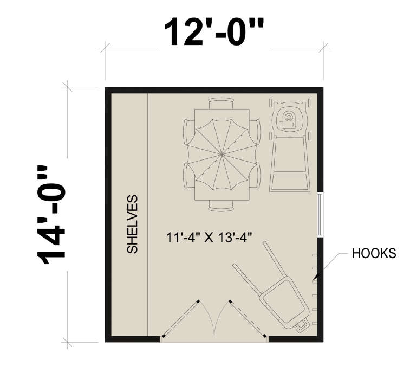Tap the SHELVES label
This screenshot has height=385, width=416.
click(x=133, y=224)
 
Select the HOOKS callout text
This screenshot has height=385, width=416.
click(x=374, y=253)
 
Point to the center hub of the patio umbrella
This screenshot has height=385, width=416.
click(x=222, y=156)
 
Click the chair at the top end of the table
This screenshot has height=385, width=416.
click(x=222, y=102)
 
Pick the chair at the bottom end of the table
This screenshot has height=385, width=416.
click(x=222, y=206)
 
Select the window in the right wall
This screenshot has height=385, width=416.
click(x=320, y=214)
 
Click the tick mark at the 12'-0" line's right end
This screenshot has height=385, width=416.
click(x=323, y=48)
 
